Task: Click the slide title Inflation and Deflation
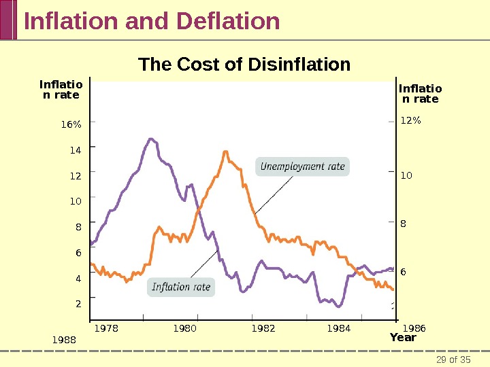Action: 152,21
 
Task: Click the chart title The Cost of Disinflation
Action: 244,65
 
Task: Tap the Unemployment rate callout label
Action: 302,167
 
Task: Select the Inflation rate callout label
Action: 181,287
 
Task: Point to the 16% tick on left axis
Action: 71,124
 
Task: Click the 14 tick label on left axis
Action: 75,150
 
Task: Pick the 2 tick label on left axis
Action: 78,304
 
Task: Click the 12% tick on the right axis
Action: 410,121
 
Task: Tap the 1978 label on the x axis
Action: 106,328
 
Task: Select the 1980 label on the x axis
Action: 184,328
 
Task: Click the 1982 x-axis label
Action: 264,328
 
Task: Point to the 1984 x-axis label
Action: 339,328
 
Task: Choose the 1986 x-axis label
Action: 414,328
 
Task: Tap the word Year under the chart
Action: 403,338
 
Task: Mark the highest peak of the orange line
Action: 225,152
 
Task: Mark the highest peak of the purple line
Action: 150,139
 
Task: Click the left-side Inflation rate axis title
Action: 61,90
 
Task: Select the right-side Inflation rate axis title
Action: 420,94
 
